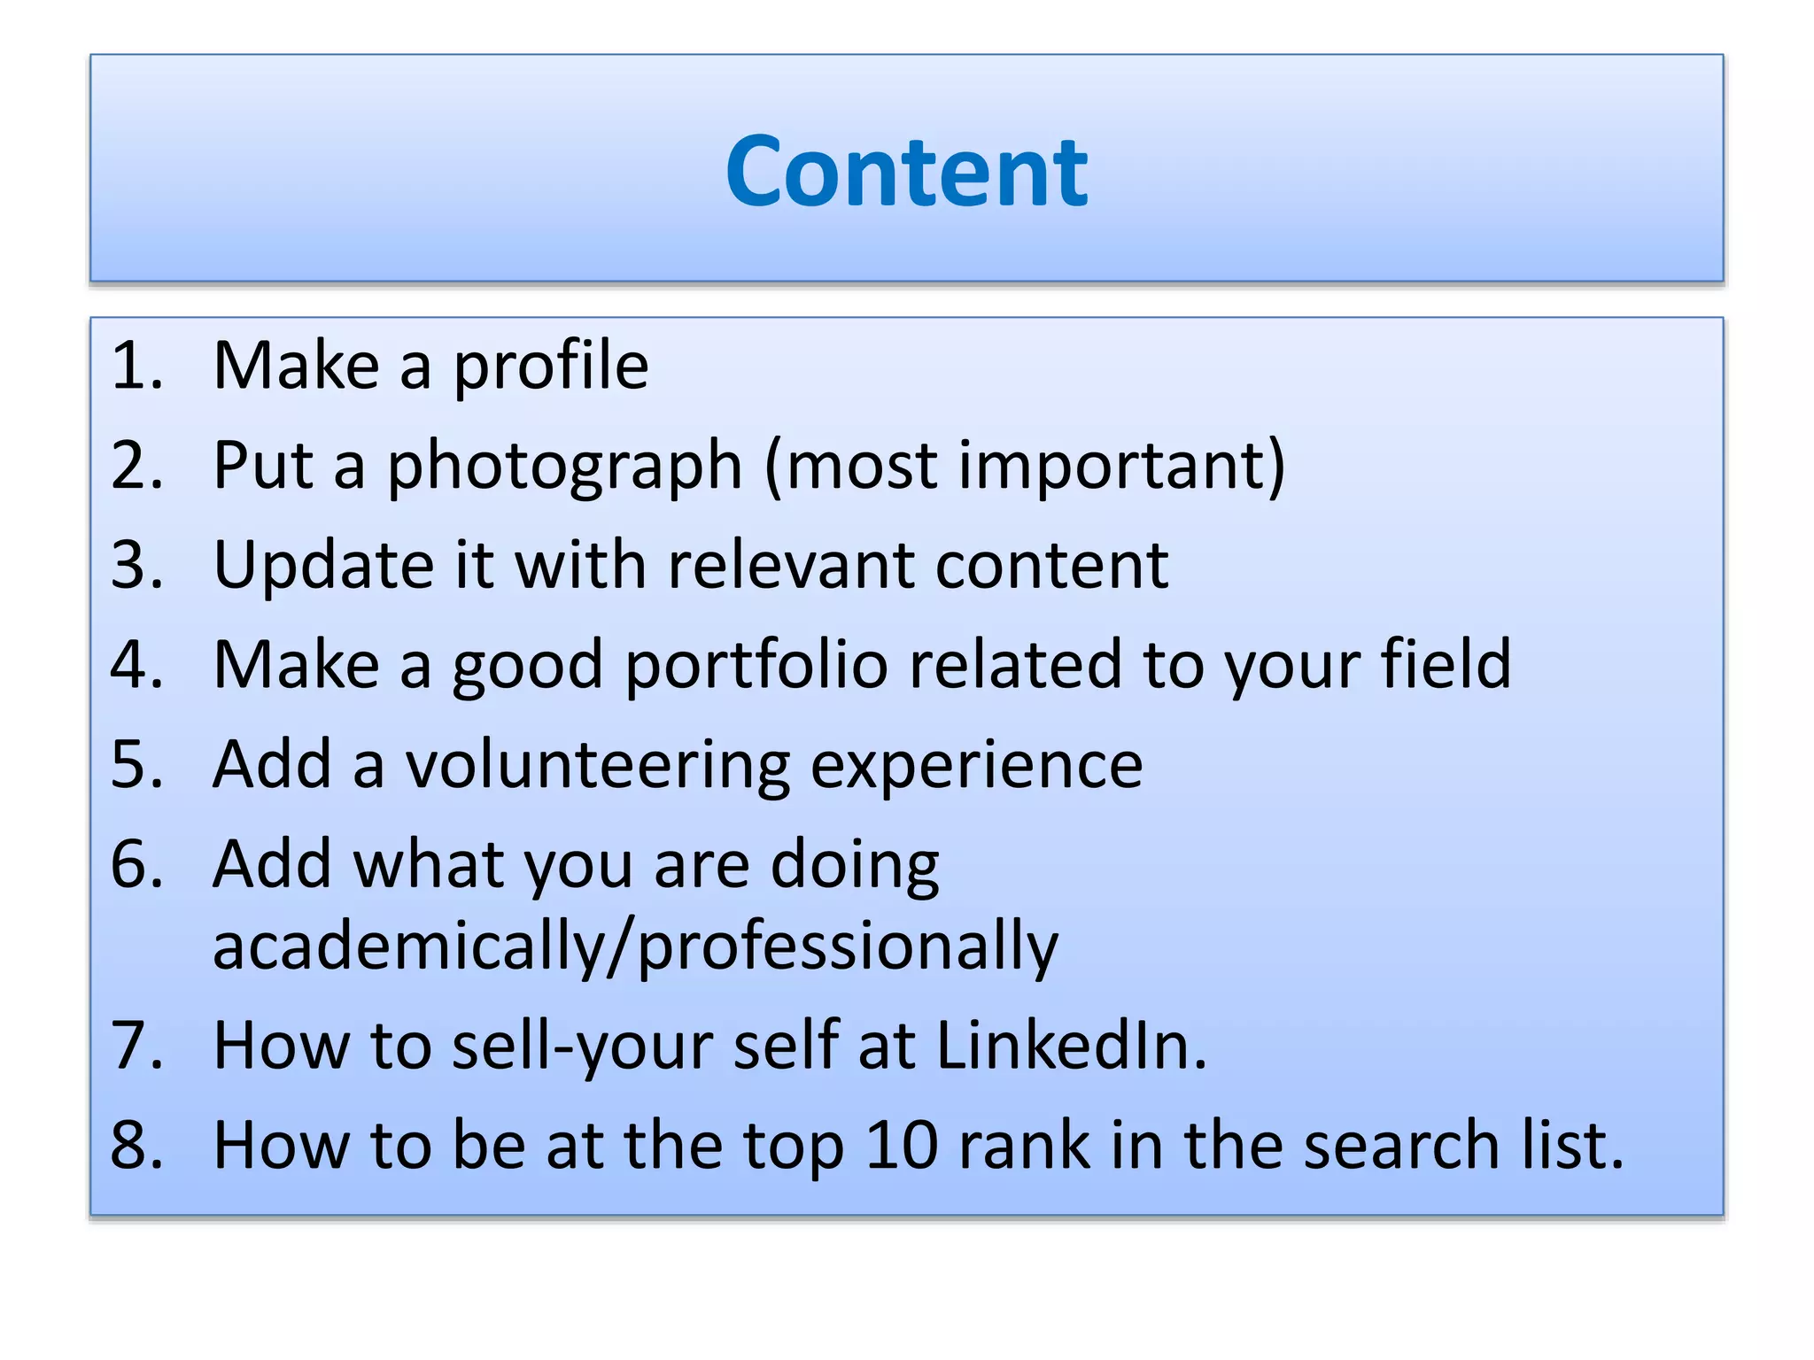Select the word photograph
click(564, 466)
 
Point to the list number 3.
click(135, 565)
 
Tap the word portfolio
click(756, 664)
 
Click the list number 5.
click(135, 764)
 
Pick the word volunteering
click(598, 766)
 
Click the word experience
click(977, 766)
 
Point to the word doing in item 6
click(855, 865)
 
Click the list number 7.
click(135, 1046)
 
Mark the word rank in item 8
click(1024, 1145)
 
